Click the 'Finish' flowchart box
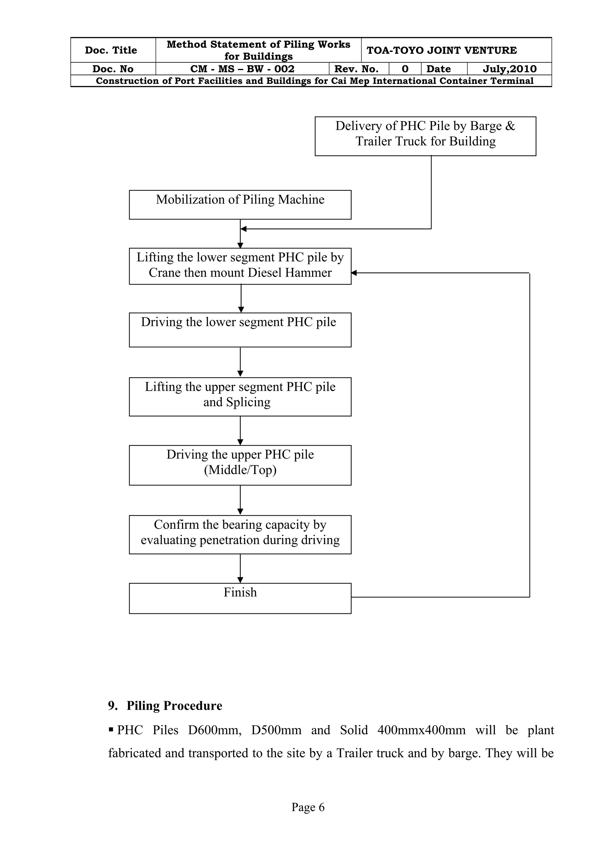240,598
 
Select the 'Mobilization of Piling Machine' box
240,204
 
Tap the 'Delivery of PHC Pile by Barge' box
425,136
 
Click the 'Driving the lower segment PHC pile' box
240,330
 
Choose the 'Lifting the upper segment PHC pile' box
240,396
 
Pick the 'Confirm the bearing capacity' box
240,534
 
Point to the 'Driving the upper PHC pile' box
240,465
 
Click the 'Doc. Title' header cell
111,50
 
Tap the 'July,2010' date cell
509,69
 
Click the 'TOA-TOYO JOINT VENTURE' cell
442,50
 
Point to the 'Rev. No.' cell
356,69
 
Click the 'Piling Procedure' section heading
174,706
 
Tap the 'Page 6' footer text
308,807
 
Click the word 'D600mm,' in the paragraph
215,730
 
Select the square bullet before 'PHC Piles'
111,730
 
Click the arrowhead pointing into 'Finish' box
240,580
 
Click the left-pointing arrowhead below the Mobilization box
243,229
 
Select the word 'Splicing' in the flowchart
248,402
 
